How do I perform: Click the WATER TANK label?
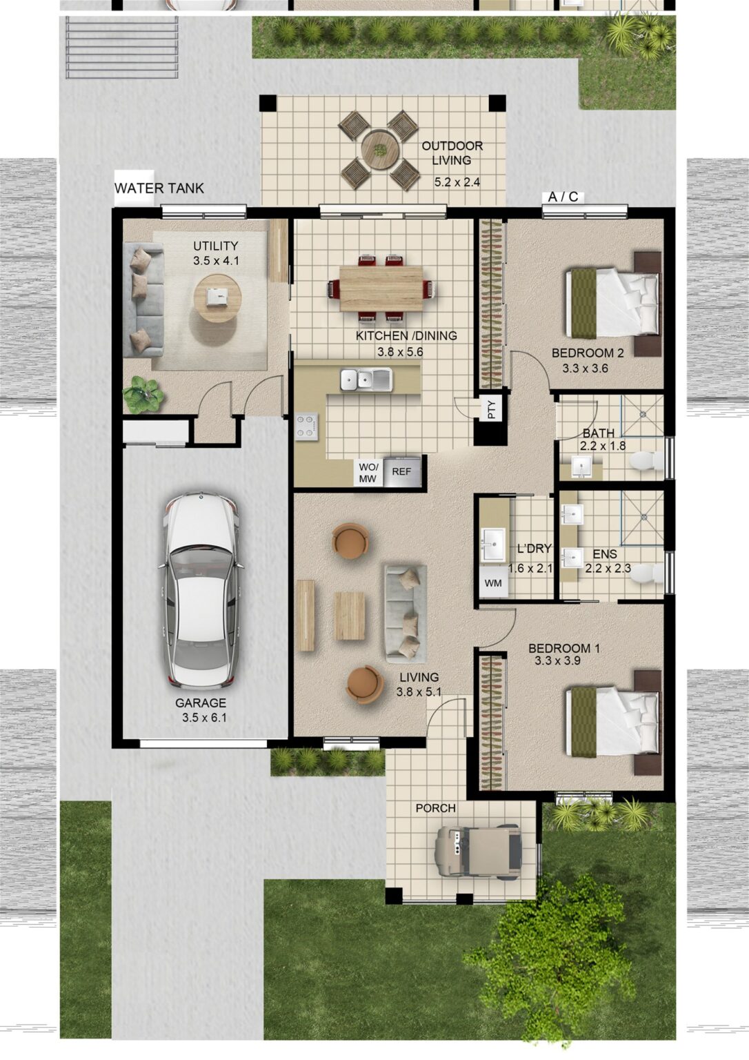click(159, 188)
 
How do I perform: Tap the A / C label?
click(563, 197)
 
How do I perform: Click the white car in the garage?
click(201, 590)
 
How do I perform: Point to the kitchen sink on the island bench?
click(366, 380)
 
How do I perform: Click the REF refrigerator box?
click(401, 472)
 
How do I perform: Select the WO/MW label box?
click(368, 473)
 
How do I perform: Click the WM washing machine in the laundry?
click(493, 583)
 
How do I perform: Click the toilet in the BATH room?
click(646, 461)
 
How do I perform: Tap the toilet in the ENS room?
click(646, 573)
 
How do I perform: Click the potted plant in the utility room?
click(143, 394)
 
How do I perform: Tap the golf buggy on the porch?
click(477, 848)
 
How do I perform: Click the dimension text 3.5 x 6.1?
click(204, 718)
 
